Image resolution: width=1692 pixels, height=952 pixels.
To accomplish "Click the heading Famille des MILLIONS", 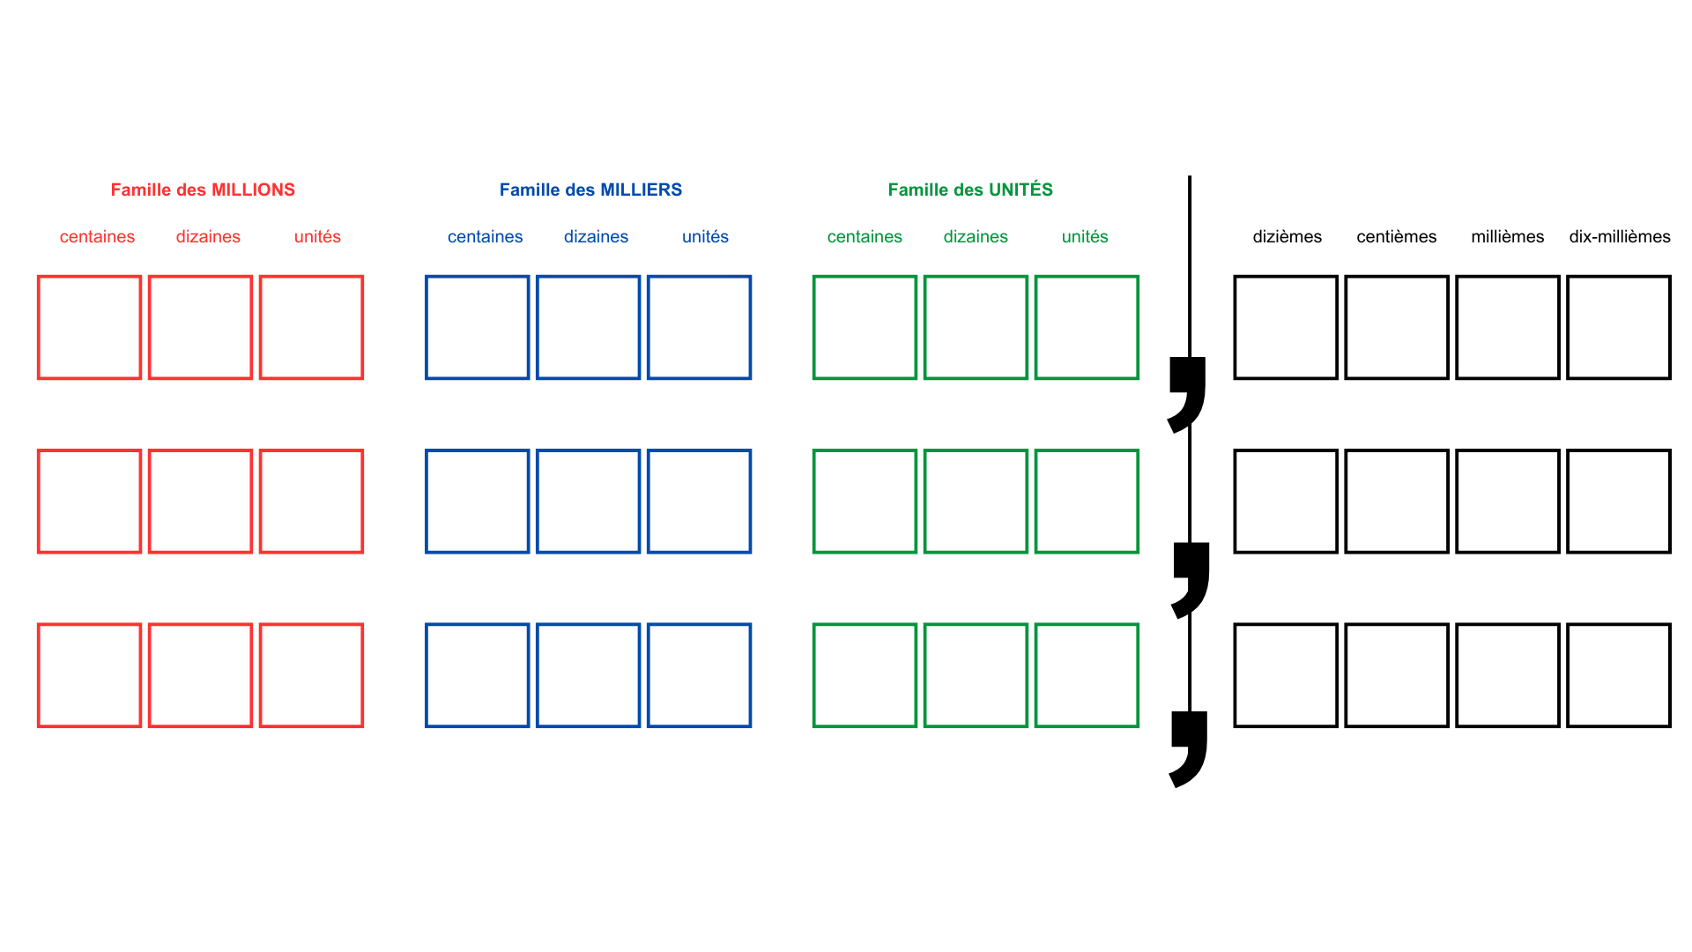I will click(203, 190).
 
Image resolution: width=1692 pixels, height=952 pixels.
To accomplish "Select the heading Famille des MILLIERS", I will click(590, 190).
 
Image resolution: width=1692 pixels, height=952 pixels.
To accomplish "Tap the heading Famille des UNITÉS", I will click(970, 190).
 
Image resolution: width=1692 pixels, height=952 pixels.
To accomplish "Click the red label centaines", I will click(97, 236).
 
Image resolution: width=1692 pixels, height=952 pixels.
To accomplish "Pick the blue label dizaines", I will click(596, 236).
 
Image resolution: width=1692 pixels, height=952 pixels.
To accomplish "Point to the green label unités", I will click(1085, 236).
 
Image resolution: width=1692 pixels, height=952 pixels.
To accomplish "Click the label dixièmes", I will click(1287, 236).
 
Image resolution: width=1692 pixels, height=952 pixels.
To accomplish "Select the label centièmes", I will click(1397, 236).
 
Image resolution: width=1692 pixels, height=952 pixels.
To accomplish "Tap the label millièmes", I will click(1507, 236).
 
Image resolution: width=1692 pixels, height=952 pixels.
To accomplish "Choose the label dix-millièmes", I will click(1620, 236).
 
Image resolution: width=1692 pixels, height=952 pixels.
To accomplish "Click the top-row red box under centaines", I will click(89, 327).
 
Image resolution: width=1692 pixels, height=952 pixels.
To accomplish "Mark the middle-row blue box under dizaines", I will click(588, 502).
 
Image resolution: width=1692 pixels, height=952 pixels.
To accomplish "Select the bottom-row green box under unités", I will click(1087, 675).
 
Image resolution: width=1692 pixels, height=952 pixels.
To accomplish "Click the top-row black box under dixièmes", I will click(1286, 327).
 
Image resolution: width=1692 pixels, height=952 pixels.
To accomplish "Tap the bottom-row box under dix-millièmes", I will click(1619, 675).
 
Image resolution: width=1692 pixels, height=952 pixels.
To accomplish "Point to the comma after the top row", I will click(1188, 392).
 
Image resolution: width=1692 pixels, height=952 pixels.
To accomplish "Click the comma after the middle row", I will click(1191, 577).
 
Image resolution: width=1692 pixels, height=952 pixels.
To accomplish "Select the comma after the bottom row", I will click(1190, 747).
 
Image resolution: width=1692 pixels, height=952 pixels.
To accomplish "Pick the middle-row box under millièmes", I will click(1508, 502).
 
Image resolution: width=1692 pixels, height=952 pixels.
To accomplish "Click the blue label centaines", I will click(485, 236).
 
